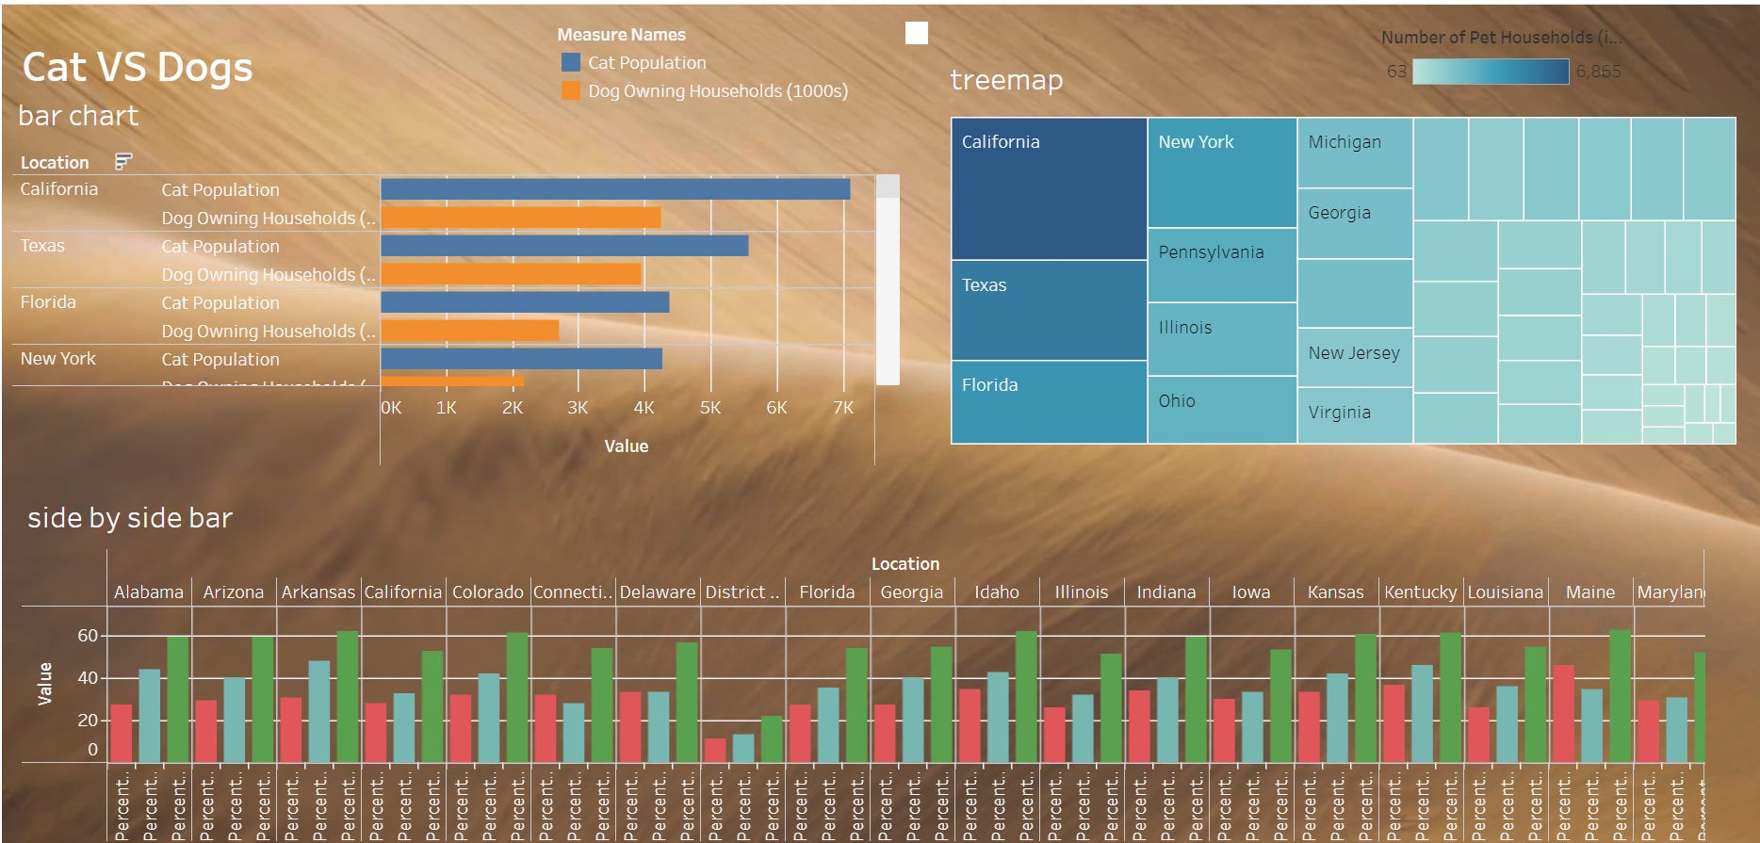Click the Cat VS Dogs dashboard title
point(138,68)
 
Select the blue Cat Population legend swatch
point(570,62)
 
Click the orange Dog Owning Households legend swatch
point(570,90)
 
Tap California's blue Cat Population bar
point(614,189)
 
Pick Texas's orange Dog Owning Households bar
point(511,274)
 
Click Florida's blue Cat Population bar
point(525,302)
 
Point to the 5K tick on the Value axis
point(709,408)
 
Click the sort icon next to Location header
point(123,162)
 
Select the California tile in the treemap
point(1049,188)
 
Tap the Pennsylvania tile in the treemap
point(1221,265)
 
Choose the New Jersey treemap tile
point(1354,356)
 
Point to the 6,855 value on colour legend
point(1598,72)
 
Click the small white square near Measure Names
point(916,34)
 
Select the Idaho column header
point(996,592)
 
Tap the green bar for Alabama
point(178,699)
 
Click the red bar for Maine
point(1563,713)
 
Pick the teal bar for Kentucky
point(1422,713)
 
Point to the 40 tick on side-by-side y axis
point(88,678)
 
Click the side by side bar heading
point(130,518)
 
